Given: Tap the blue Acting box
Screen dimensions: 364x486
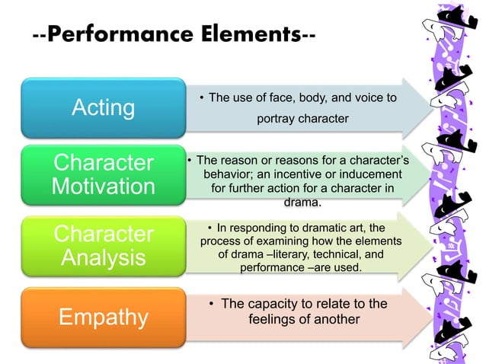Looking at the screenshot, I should point(103,107).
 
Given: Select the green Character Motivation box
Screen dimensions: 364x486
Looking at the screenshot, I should point(103,174).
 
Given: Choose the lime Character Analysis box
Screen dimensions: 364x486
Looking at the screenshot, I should point(103,244).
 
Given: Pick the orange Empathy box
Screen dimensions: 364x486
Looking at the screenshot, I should point(103,314).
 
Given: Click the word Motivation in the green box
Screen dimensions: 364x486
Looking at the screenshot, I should point(103,187).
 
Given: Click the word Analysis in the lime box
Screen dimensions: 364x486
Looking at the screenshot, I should point(103,257).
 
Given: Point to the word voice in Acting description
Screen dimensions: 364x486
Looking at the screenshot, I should point(369,97).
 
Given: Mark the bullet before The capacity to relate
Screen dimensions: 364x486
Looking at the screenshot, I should point(211,305).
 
